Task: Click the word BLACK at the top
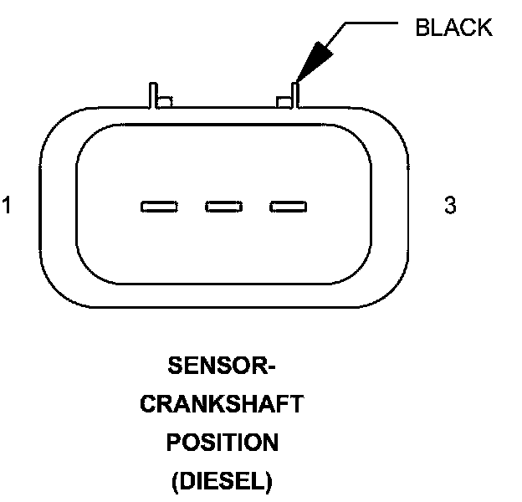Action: pyautogui.click(x=453, y=28)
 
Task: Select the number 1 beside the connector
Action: pyautogui.click(x=7, y=206)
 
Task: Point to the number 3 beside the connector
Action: pyautogui.click(x=450, y=206)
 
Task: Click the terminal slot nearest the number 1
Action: pyautogui.click(x=159, y=206)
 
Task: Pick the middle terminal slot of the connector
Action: pyautogui.click(x=223, y=206)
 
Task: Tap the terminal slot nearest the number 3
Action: pyautogui.click(x=288, y=206)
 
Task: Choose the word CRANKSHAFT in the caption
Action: pyautogui.click(x=222, y=405)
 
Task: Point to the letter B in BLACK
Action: pyautogui.click(x=422, y=28)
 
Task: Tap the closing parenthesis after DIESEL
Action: pyautogui.click(x=269, y=481)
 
